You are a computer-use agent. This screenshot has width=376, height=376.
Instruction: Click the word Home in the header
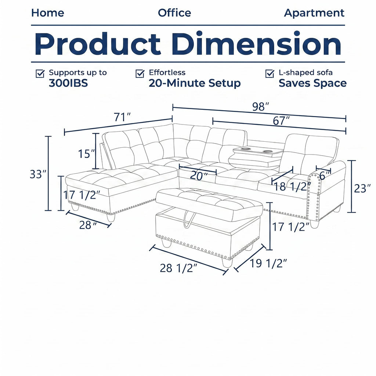pyautogui.click(x=48, y=13)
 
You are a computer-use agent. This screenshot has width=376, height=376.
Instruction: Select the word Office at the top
pyautogui.click(x=174, y=13)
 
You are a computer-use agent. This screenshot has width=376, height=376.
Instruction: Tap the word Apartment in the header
pyautogui.click(x=314, y=13)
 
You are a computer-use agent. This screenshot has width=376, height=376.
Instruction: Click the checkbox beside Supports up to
pyautogui.click(x=40, y=73)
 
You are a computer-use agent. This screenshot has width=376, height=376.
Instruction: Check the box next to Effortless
pyautogui.click(x=140, y=73)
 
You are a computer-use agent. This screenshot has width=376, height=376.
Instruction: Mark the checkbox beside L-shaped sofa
pyautogui.click(x=270, y=73)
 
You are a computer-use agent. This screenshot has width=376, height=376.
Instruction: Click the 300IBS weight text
pyautogui.click(x=68, y=83)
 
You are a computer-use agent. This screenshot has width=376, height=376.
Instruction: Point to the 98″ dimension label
pyautogui.click(x=261, y=107)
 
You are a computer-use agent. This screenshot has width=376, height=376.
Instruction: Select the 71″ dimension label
pyautogui.click(x=122, y=117)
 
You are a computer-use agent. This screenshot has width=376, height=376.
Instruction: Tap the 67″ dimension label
pyautogui.click(x=281, y=121)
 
